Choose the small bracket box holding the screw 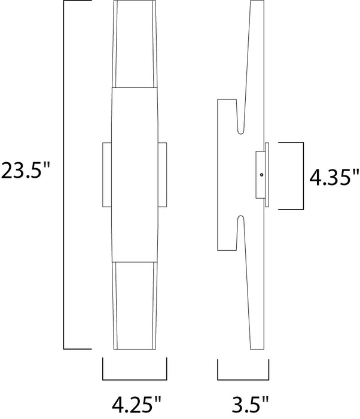click(261, 175)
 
